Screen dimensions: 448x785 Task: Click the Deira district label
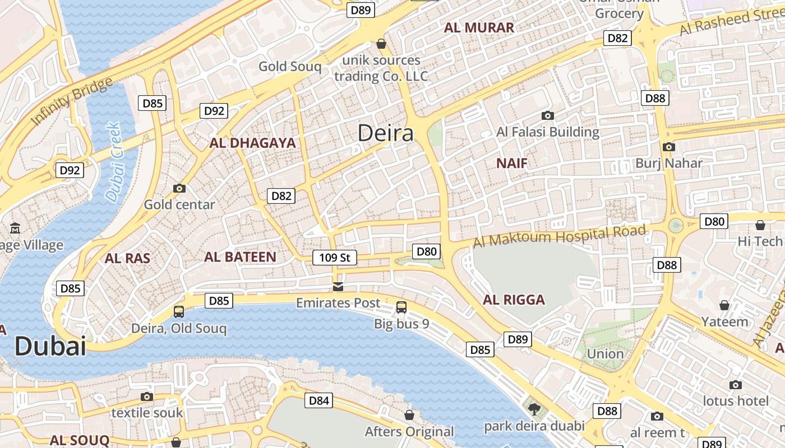point(386,133)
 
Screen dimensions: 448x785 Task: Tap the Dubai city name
point(50,346)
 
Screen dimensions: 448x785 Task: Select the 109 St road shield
point(334,258)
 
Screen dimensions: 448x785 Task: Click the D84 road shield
point(318,400)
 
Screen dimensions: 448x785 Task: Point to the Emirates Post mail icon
point(338,287)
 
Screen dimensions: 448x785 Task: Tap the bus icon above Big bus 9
point(401,307)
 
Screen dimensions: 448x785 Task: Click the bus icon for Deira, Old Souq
point(179,312)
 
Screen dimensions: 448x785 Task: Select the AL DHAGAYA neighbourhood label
point(252,143)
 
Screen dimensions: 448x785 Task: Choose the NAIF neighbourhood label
point(512,164)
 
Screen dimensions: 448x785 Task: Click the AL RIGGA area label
point(514,300)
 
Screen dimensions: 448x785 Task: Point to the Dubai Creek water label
point(113,162)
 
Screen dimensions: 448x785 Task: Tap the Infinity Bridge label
point(72,102)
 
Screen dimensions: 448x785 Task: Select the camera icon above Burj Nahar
point(668,147)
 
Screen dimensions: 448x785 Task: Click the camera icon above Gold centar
point(179,188)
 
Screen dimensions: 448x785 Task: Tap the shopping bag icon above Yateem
point(724,305)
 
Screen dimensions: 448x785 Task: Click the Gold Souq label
point(290,67)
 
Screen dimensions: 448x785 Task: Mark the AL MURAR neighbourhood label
point(479,28)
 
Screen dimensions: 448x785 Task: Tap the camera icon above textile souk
point(147,396)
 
